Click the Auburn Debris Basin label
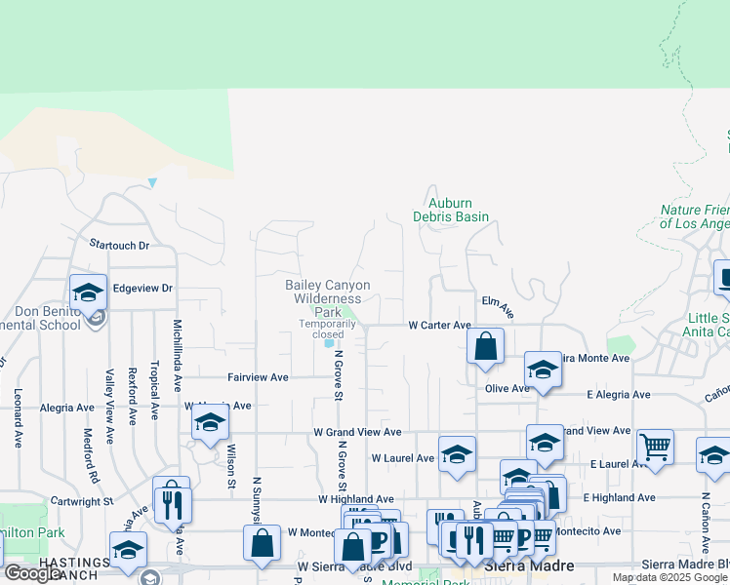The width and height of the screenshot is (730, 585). (450, 210)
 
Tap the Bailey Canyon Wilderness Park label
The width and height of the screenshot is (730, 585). (328, 298)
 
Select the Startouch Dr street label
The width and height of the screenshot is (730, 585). (118, 245)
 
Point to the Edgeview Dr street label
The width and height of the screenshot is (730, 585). (142, 289)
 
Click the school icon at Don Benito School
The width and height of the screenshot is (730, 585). (88, 291)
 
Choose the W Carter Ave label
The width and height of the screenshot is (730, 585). (439, 325)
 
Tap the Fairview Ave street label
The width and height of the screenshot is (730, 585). (258, 376)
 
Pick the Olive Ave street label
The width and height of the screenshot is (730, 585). (507, 388)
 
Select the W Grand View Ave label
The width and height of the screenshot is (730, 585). (357, 432)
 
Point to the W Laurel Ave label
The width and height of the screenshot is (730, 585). (403, 457)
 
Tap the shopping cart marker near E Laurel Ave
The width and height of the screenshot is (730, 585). (656, 447)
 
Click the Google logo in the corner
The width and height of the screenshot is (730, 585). (31, 573)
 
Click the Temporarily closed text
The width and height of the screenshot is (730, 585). (328, 329)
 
